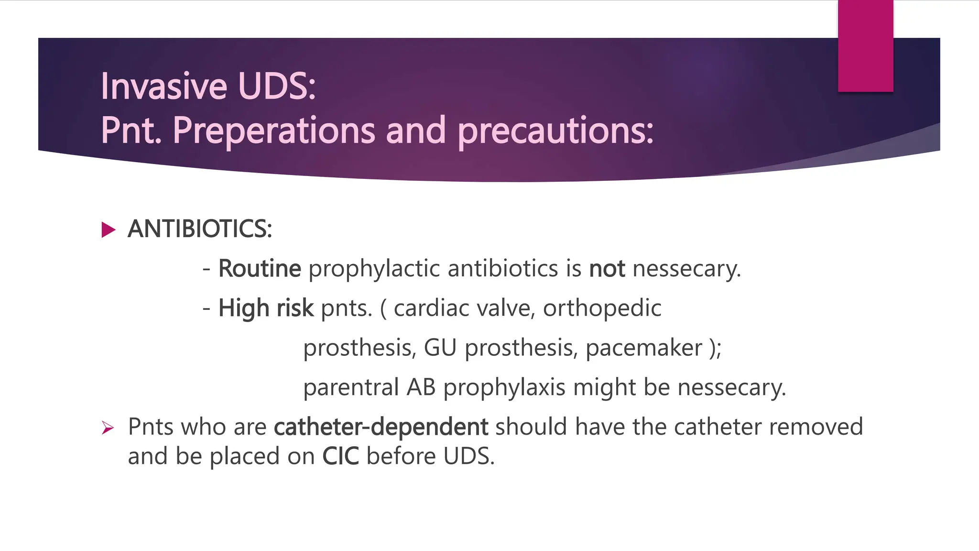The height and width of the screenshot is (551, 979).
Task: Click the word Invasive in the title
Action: [x=163, y=86]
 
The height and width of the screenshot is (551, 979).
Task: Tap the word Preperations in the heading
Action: [x=274, y=130]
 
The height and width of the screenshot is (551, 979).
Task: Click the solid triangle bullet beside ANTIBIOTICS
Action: [x=109, y=230]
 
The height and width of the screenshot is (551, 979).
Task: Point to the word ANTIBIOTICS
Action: [x=199, y=229]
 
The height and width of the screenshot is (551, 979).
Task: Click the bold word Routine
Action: [x=260, y=268]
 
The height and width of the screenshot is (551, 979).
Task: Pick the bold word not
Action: [x=607, y=269]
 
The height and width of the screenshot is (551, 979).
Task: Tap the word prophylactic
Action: [x=374, y=269]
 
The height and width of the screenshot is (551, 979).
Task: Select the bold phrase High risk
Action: [x=266, y=308]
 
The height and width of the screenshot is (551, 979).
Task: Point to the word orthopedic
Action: [x=602, y=309]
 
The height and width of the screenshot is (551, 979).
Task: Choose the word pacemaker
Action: [x=644, y=348]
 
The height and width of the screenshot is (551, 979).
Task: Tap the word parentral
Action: [x=351, y=387]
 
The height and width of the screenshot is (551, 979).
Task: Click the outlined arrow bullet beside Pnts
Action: [x=108, y=428]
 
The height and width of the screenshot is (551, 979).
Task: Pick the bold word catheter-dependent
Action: [x=381, y=427]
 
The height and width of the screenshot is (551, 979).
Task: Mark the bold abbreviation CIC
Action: [x=340, y=456]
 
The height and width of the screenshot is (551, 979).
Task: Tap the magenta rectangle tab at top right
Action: [x=865, y=45]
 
